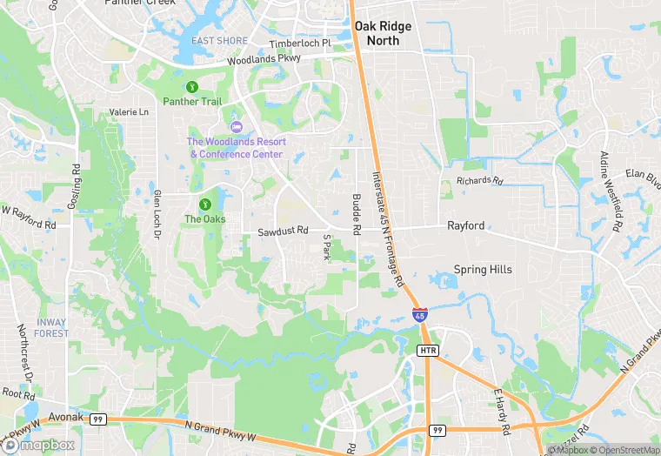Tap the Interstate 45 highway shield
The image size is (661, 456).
click(x=420, y=315)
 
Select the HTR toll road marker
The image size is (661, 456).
click(x=428, y=351)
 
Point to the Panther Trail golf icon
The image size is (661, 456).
click(x=192, y=86)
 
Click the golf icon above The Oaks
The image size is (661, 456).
click(x=204, y=204)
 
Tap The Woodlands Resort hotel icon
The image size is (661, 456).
click(x=235, y=128)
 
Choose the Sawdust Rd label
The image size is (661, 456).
click(x=284, y=231)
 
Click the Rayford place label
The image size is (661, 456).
click(x=466, y=225)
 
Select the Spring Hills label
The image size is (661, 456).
click(x=483, y=270)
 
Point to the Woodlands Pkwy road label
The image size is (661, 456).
click(x=263, y=61)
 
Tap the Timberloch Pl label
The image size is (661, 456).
click(x=300, y=44)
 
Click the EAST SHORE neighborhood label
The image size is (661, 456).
click(x=220, y=41)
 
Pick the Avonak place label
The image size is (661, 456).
click(x=65, y=417)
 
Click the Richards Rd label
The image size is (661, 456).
click(x=480, y=182)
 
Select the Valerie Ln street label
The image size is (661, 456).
click(x=129, y=112)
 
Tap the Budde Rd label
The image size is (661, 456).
click(x=356, y=214)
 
